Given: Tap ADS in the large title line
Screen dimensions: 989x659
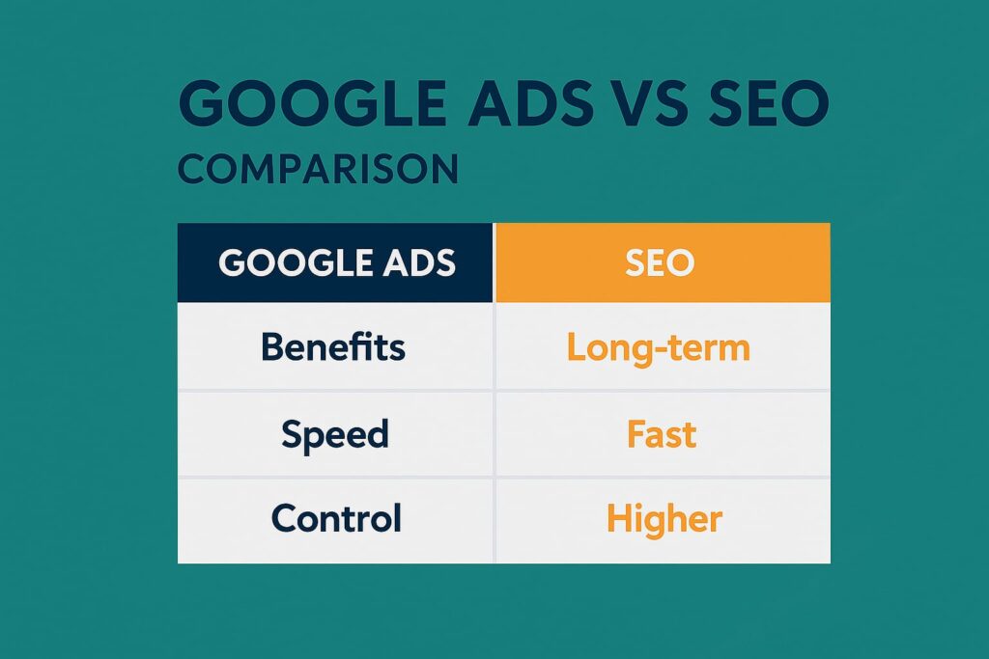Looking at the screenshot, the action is point(530,102).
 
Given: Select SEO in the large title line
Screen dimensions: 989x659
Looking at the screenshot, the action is point(769,102).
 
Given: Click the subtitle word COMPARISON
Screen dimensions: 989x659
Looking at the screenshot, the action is point(319,168).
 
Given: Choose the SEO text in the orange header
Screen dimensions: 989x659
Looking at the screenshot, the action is point(660,262).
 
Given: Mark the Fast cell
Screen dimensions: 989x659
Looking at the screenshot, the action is point(662,434).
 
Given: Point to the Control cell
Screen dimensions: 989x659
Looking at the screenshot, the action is point(336,518).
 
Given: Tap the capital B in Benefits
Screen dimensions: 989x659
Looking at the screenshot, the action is point(273,346).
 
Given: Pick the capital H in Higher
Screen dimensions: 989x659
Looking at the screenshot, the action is point(619,518).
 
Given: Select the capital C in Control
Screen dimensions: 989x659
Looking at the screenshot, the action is point(285,518).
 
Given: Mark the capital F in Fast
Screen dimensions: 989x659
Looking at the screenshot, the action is point(637,434).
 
